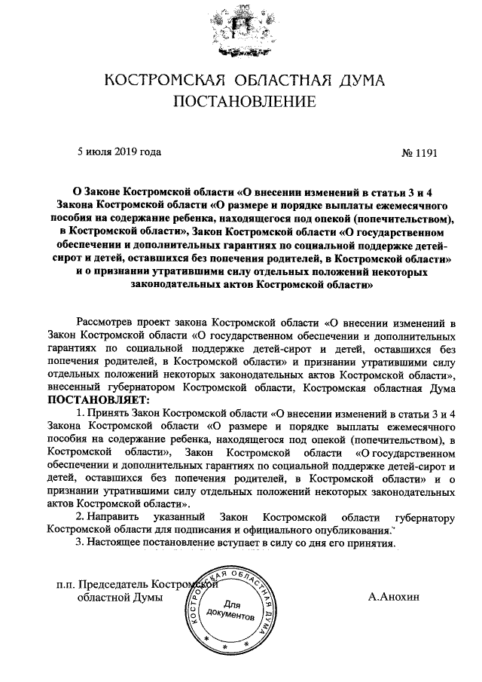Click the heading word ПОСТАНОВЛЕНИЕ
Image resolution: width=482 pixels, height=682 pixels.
pos(241,101)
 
